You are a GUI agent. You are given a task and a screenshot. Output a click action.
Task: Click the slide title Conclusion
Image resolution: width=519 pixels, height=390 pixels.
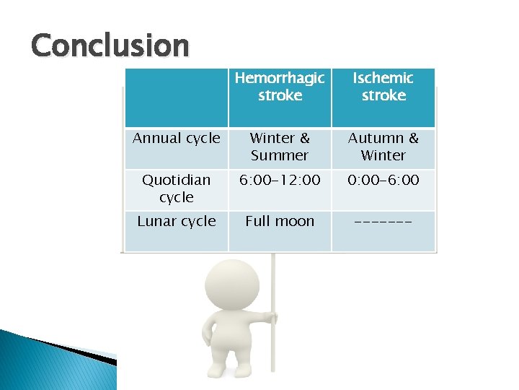coord(110,46)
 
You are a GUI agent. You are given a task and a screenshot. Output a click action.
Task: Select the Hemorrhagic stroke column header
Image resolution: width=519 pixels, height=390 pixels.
coord(280,87)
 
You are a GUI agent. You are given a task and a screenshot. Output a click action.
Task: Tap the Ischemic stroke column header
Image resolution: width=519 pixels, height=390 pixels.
coord(383,87)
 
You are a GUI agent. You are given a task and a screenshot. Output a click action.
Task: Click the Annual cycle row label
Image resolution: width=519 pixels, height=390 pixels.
coord(177,139)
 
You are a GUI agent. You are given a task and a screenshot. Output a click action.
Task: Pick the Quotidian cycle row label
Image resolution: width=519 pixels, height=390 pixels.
coord(177,188)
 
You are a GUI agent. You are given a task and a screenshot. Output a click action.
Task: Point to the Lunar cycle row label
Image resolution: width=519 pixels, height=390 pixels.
coord(177,222)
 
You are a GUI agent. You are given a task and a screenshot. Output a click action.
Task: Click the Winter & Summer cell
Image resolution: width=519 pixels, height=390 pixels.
coord(280,147)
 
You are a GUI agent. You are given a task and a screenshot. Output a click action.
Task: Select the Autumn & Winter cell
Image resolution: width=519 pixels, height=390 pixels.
coord(383,147)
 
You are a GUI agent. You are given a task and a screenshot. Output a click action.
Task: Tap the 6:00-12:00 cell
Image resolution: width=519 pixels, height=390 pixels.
coord(280,181)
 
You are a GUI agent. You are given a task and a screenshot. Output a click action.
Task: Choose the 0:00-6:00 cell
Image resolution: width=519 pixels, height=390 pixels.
coord(383,181)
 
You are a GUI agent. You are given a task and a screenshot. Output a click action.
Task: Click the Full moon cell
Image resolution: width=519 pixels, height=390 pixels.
coord(280,222)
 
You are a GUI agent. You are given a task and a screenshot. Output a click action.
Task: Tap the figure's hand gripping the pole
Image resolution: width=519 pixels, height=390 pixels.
coord(270,318)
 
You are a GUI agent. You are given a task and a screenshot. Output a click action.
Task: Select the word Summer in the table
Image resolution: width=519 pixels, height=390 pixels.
coord(280,155)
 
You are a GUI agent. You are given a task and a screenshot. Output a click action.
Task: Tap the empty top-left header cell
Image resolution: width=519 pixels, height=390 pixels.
coord(177,97)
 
